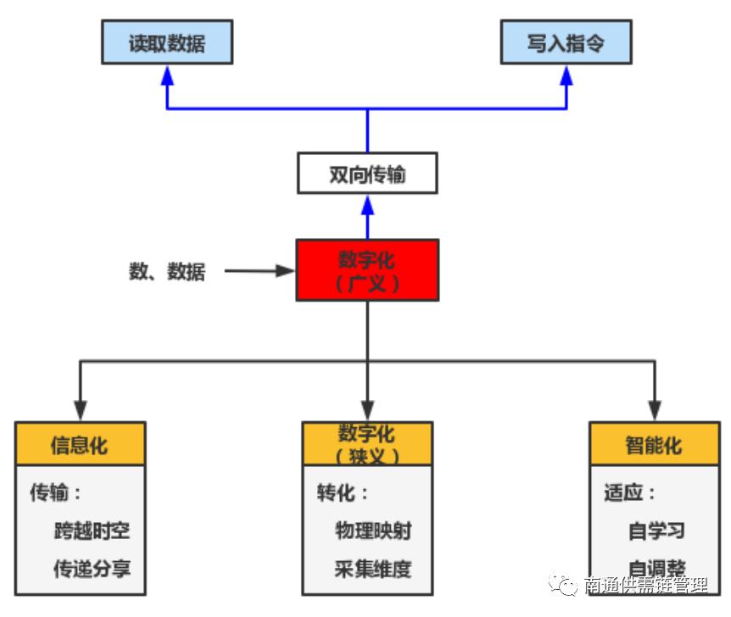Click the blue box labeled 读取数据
[x=166, y=43]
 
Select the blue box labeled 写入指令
[x=566, y=43]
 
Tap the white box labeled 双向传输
[x=367, y=174]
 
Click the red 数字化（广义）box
[x=367, y=270]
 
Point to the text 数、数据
[x=167, y=271]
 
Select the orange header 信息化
[x=80, y=444]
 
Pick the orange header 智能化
[x=654, y=444]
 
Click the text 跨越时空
[x=92, y=531]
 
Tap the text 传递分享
[x=92, y=568]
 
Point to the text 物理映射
[x=373, y=531]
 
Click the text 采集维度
[x=373, y=568]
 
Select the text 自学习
[x=656, y=531]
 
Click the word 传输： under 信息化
[x=56, y=493]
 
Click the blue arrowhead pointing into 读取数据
[x=167, y=75]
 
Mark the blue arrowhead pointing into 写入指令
[x=566, y=75]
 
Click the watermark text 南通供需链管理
[x=646, y=586]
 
